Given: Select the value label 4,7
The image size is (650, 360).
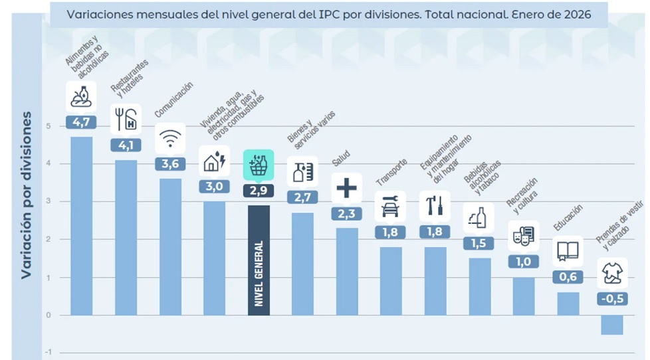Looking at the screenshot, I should point(82,122).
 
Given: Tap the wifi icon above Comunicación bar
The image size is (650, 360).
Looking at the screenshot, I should point(170,138).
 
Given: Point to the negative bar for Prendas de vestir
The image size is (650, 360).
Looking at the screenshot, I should point(612,325).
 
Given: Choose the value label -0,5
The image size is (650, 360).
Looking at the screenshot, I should point(612,298).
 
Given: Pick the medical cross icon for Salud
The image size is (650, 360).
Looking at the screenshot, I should point(347,188).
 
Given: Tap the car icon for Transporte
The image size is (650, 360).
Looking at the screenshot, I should point(391,207).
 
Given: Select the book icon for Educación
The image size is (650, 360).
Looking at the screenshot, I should point(568,251).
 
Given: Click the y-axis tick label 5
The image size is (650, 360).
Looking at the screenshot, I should point(48,126).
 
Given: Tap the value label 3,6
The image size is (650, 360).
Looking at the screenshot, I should point(170,163).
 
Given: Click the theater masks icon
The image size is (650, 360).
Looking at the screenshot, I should point(524,236).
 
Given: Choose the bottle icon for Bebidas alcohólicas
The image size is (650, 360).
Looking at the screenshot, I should point(479,218).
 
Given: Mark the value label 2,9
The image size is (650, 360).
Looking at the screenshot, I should point(259,191).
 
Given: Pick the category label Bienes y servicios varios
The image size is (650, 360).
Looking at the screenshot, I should point(310,130).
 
